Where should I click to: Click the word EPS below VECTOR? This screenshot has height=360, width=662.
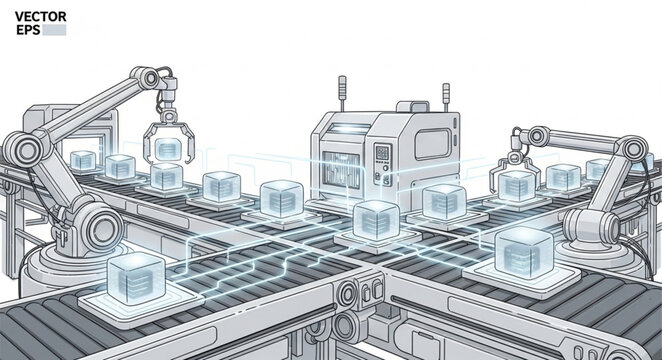(x=27, y=30)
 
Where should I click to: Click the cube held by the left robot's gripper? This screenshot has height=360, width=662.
(x=168, y=149)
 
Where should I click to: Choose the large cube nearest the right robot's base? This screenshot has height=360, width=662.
(x=524, y=248)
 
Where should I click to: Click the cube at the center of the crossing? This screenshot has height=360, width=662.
(x=375, y=218)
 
